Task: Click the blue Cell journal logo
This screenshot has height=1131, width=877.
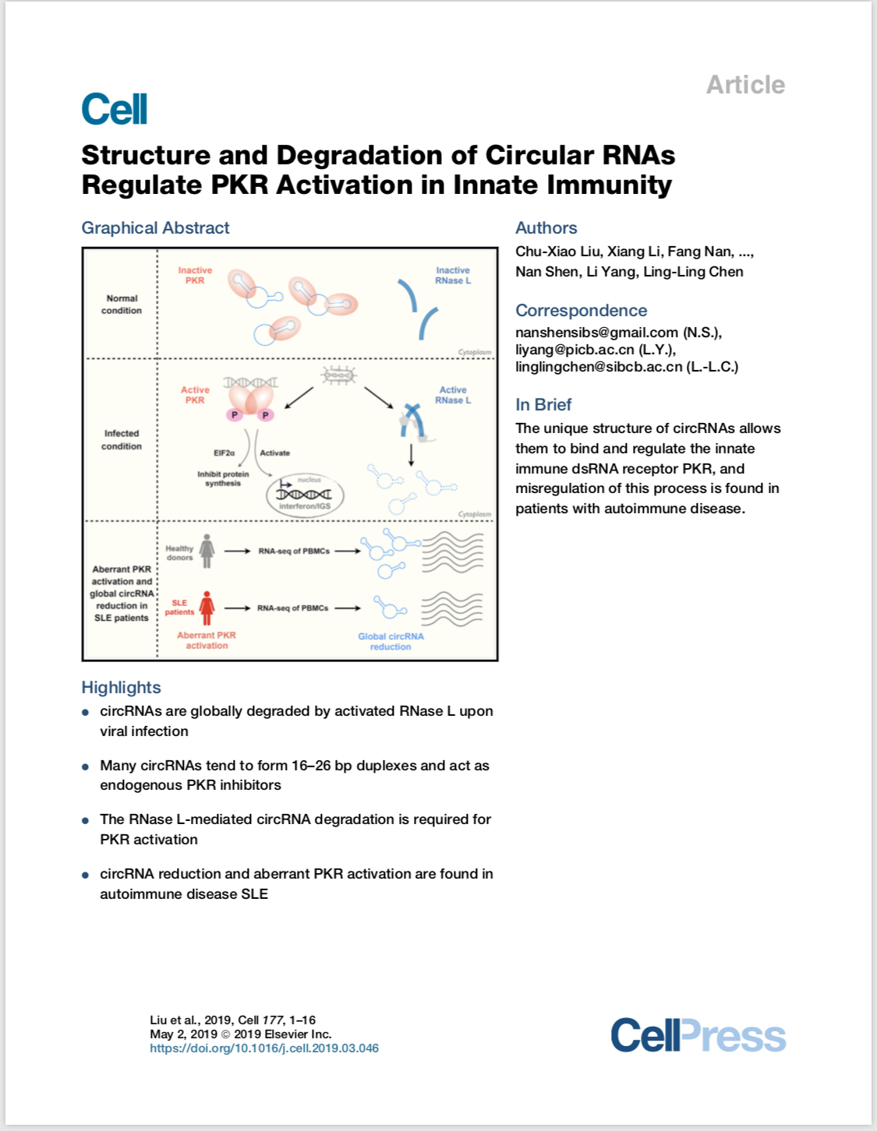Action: coord(115,109)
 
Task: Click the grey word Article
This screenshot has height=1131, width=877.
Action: coord(745,85)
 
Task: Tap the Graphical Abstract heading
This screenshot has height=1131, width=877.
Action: coord(155,228)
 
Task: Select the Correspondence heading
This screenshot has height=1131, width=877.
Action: coord(582,310)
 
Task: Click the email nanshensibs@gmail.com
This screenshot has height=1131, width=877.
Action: coord(597,333)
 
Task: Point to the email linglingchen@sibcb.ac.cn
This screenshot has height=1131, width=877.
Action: coord(599,367)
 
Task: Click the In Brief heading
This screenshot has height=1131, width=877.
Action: coord(543,404)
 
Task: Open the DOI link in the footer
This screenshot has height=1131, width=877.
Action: coord(264,1048)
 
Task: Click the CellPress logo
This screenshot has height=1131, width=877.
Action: coord(698,1035)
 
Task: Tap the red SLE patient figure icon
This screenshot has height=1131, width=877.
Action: coord(207,608)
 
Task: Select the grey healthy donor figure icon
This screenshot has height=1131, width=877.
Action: coord(207,551)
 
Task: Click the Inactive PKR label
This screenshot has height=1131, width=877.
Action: coord(196,275)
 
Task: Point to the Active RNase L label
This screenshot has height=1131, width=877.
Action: coord(453,395)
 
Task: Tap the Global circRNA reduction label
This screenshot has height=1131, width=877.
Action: coord(391,641)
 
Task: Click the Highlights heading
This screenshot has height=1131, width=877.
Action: coord(121,688)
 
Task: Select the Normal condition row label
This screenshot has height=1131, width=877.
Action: coord(122,305)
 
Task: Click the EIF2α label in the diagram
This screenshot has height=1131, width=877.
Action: coord(225,453)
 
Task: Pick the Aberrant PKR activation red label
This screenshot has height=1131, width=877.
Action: coord(207,640)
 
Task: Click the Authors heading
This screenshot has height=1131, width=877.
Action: coord(546,228)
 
